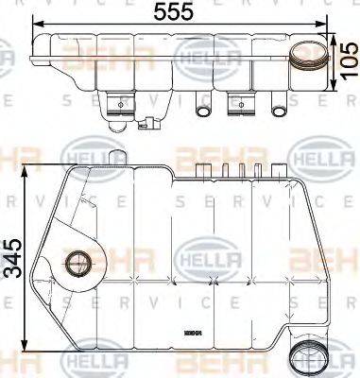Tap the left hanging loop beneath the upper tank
pos(201,109)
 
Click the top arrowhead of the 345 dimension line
pos(32,170)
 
